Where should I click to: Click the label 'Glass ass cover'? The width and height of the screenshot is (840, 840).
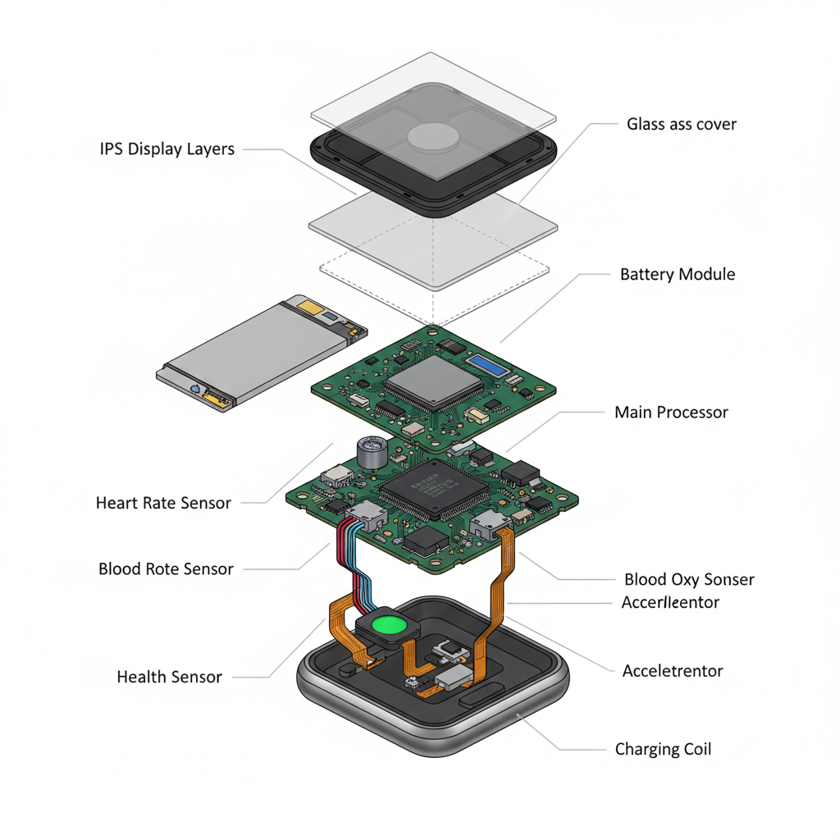click(681, 125)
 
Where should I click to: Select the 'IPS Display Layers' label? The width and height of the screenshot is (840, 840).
click(167, 149)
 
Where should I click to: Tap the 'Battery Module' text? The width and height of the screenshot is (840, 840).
click(677, 274)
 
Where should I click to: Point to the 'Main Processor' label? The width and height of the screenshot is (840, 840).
click(671, 413)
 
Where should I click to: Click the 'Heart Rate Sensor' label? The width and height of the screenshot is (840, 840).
click(163, 503)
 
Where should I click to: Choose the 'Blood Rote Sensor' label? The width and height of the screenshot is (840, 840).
click(166, 568)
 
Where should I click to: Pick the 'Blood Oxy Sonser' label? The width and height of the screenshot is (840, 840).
click(688, 580)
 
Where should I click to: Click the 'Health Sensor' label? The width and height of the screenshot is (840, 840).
click(169, 677)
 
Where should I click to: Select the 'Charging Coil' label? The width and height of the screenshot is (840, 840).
click(663, 749)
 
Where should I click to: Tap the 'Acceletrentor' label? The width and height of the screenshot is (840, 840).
click(672, 671)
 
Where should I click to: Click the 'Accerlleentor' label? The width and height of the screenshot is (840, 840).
click(670, 603)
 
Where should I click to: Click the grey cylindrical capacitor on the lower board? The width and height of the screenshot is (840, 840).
click(371, 452)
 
